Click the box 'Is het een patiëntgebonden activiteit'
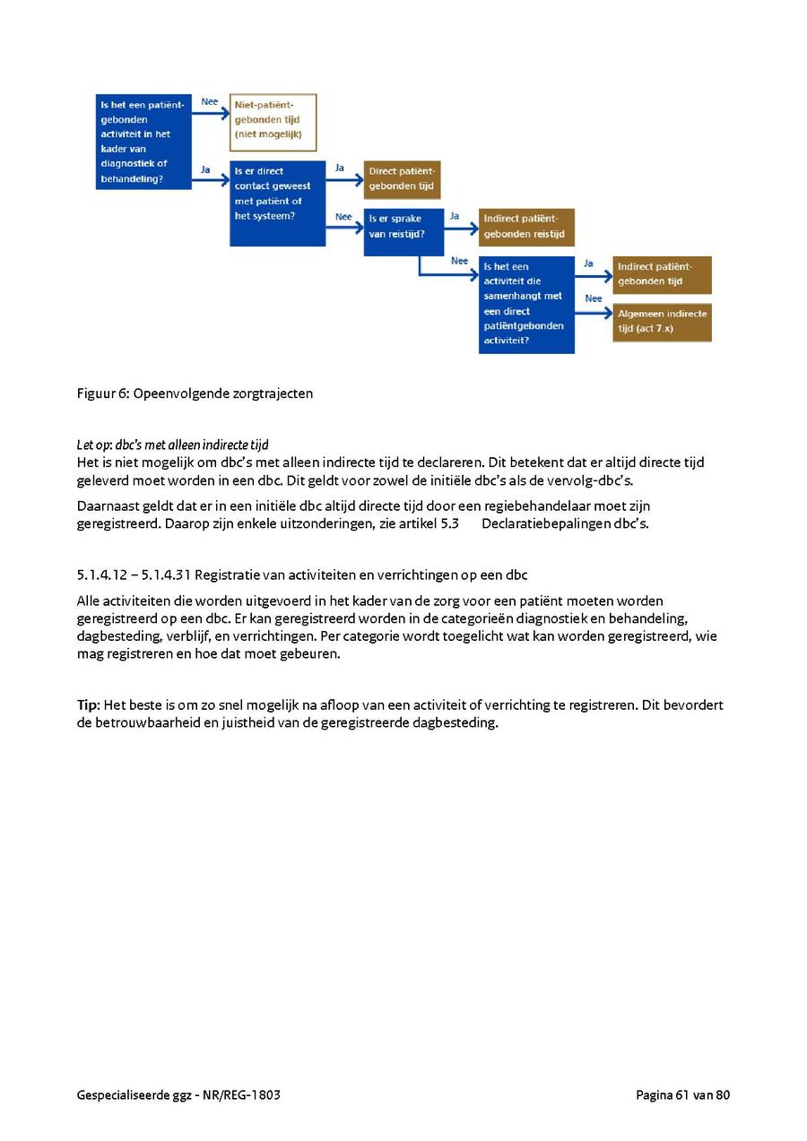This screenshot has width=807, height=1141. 143,142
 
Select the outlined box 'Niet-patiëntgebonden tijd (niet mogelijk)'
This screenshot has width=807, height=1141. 273,122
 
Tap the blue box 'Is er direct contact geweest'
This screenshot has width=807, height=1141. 277,203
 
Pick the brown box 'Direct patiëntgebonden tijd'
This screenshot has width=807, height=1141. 402,179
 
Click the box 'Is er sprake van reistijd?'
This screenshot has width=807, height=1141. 403,231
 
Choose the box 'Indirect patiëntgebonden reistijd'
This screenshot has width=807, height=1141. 526,227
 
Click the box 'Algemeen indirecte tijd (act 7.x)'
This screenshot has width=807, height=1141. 662,322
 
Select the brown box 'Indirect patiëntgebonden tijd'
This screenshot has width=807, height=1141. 662,274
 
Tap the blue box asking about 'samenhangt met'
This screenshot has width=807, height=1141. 526,304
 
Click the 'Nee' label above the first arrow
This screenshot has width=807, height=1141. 210,101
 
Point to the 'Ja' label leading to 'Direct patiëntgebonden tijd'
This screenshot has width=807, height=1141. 340,168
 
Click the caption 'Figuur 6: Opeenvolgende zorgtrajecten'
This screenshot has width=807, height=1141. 195,393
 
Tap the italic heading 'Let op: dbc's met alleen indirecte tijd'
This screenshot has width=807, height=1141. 172,445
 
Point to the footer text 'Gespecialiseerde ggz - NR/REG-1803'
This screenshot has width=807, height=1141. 178,1094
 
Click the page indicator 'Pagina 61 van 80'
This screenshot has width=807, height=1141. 682,1094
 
